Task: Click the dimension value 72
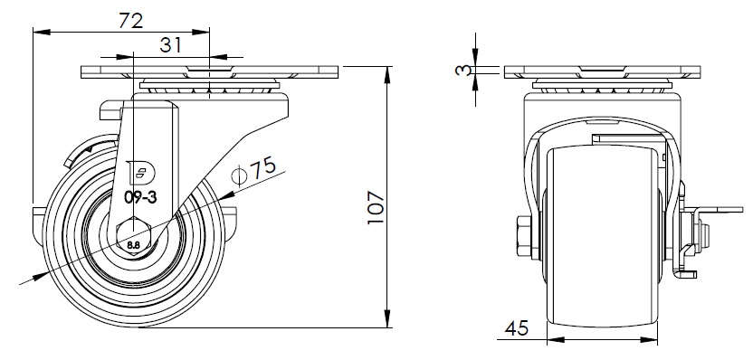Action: click(x=130, y=21)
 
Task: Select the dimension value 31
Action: click(x=171, y=45)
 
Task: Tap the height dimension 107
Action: click(x=376, y=207)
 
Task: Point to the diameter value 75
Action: click(x=262, y=167)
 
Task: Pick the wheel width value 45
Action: click(x=517, y=328)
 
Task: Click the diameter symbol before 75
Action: click(x=239, y=175)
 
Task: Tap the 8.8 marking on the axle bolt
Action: click(x=134, y=244)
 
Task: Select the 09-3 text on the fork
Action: click(x=140, y=197)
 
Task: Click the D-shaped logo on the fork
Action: click(x=139, y=173)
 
